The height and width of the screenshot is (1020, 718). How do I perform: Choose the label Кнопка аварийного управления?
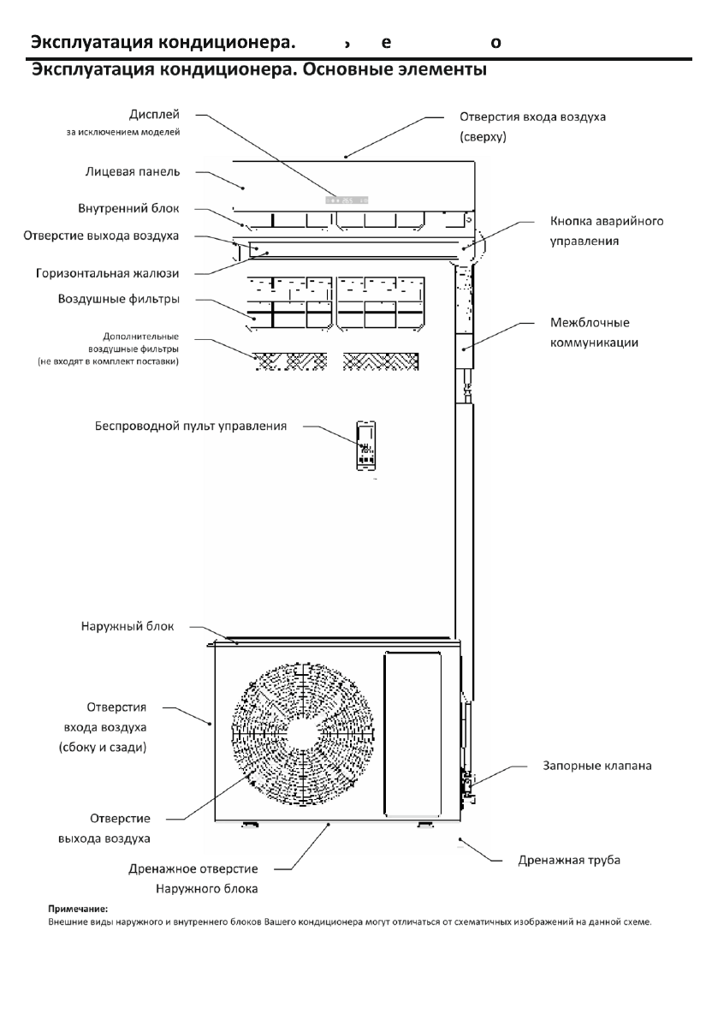(606, 231)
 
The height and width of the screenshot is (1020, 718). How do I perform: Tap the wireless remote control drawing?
(366, 445)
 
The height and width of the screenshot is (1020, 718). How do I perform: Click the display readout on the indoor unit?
(347, 199)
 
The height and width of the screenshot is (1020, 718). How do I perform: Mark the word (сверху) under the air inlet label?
(484, 135)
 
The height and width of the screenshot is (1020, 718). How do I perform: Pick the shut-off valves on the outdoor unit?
(466, 784)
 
